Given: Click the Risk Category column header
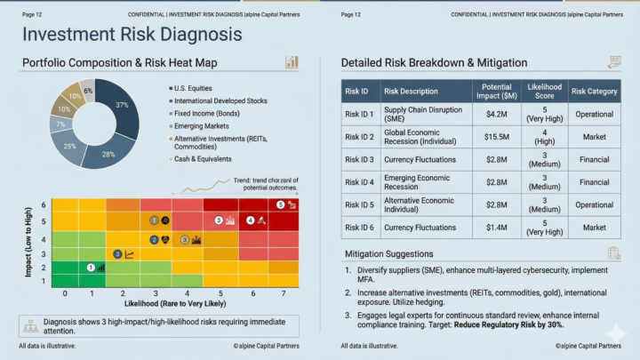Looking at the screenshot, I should coord(594,91).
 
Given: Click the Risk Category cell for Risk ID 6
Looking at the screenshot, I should coord(594,228).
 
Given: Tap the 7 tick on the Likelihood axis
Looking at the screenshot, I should coord(284,292).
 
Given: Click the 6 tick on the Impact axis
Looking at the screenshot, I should coord(43,205).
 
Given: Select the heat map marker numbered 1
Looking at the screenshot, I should coord(91,267).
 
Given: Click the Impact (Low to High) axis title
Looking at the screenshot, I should coord(29,240).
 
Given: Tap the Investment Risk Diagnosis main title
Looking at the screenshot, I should coord(131,35).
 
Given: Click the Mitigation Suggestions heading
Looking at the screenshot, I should coord(388,254).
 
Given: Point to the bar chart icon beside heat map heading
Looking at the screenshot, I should coord(291,61).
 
